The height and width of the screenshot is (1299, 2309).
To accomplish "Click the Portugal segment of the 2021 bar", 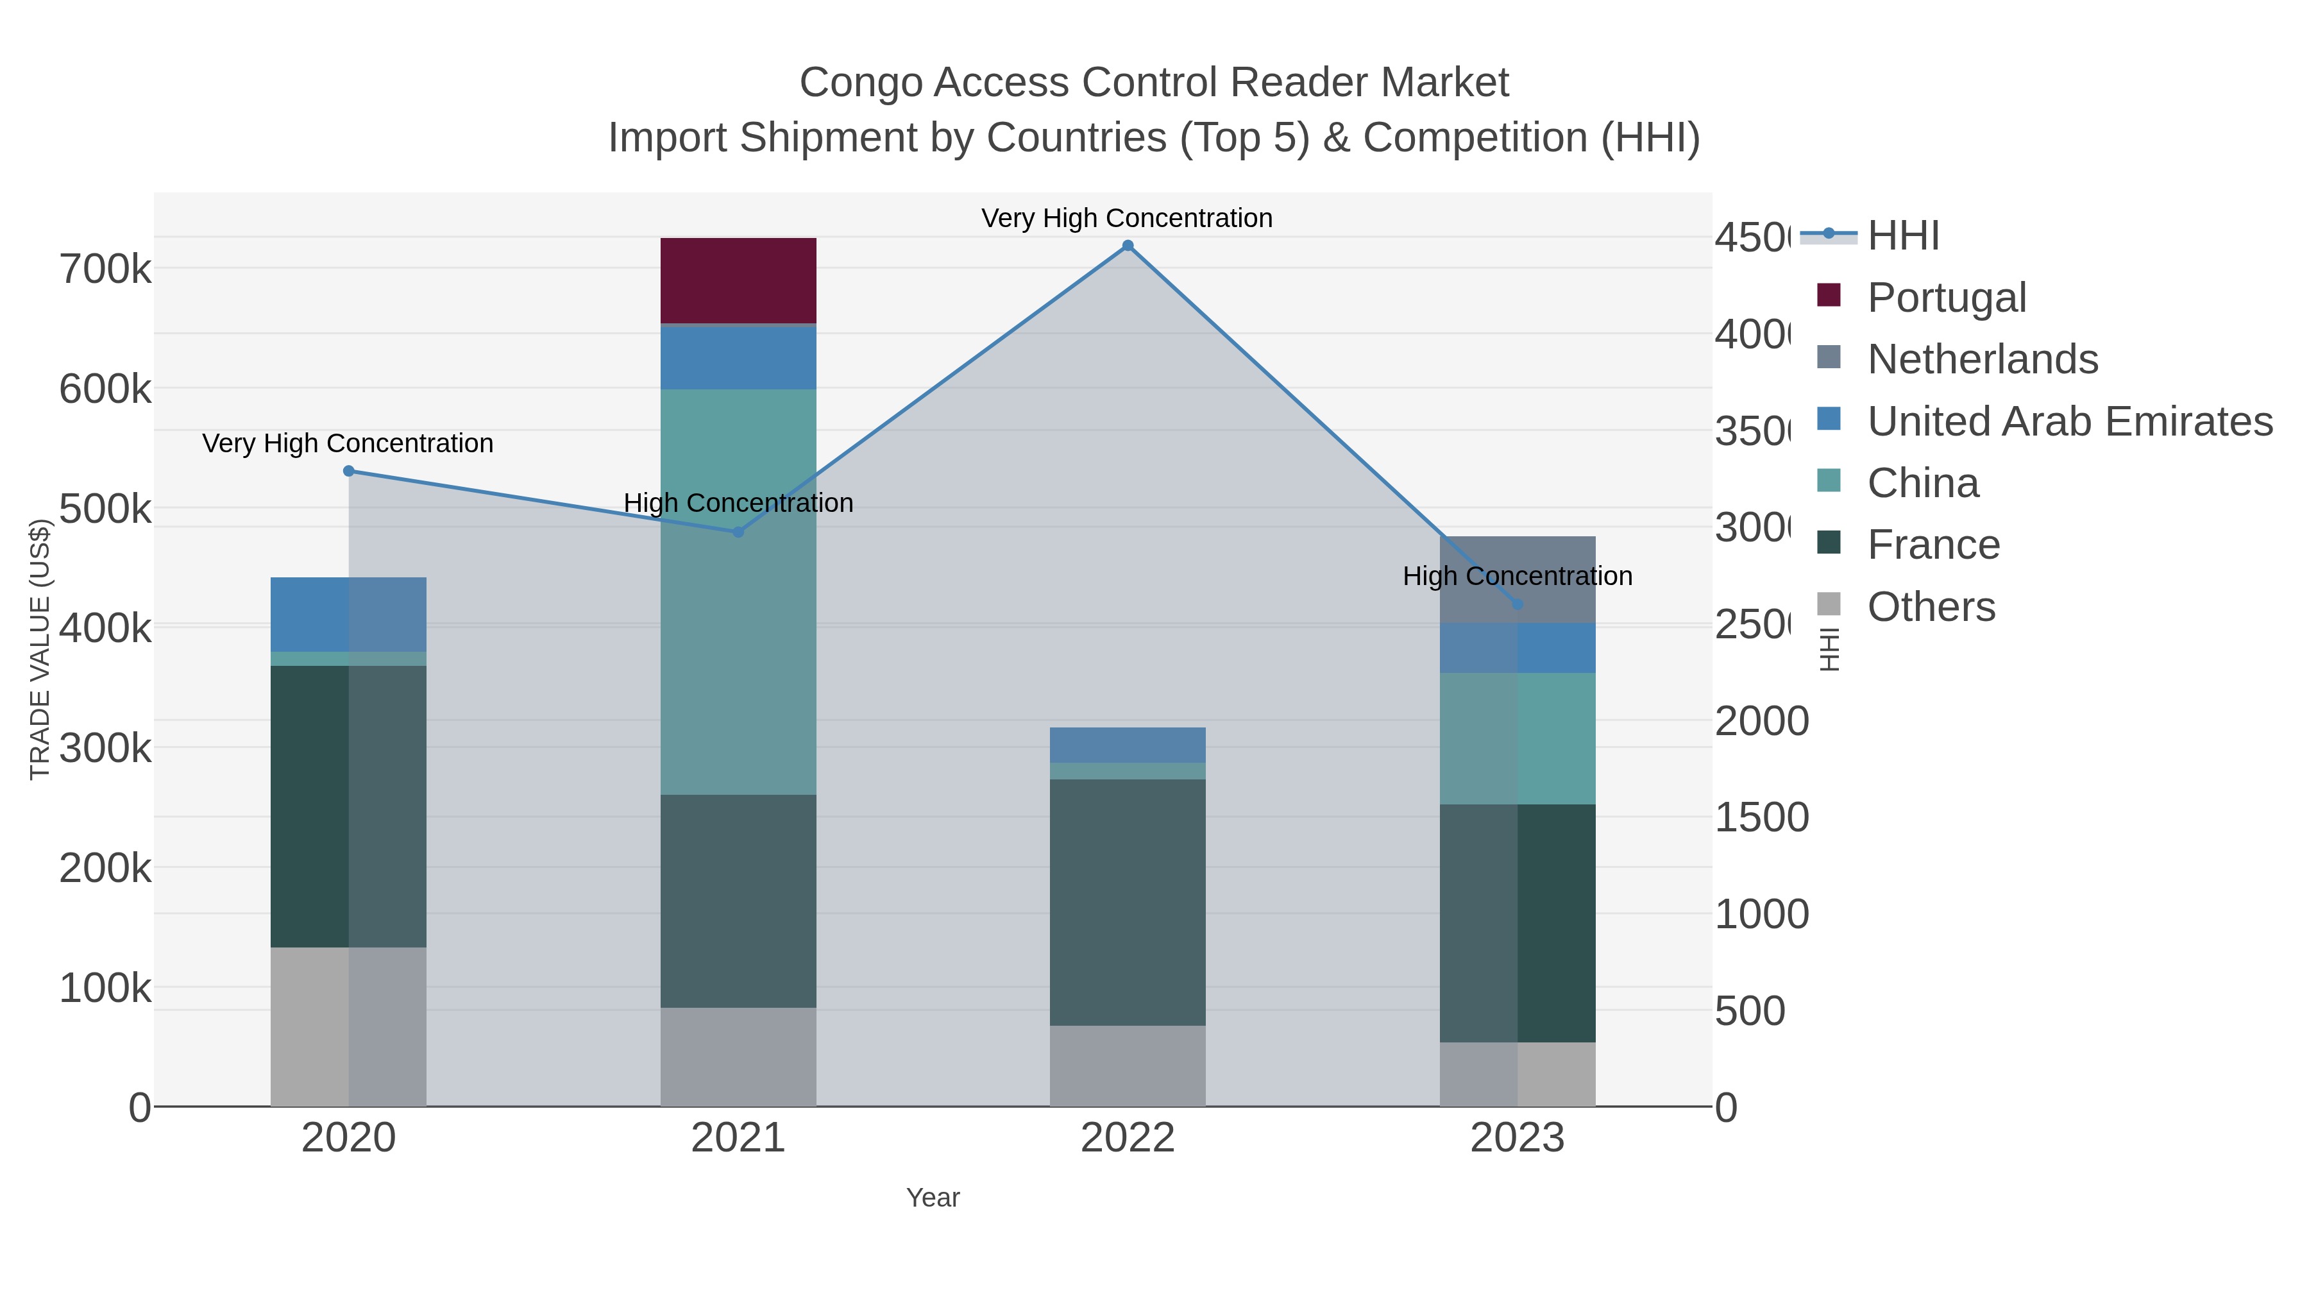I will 738,280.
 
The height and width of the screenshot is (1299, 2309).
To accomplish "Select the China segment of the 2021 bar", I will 738,591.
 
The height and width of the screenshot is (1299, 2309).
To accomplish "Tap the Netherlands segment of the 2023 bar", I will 1517,579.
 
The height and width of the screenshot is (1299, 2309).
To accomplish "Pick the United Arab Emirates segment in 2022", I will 1127,744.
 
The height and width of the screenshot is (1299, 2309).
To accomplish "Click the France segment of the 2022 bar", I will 1127,902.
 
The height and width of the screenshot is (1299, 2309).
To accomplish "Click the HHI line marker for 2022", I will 1128,246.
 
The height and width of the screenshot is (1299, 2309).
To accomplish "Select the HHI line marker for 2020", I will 349,471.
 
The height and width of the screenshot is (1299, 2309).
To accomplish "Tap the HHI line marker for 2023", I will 1518,604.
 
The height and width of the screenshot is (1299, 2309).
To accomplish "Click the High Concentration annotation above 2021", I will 738,503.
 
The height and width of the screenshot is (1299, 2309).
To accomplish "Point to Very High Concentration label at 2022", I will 1127,218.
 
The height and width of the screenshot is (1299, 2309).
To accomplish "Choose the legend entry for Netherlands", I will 1982,359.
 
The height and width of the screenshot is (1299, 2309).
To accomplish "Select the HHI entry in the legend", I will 1903,236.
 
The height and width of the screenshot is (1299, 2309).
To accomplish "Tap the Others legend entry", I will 1931,607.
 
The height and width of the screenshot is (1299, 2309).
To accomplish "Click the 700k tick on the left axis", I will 105,269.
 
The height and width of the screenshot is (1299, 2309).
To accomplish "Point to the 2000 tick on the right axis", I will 1761,721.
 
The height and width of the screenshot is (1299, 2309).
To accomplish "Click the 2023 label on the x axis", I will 1517,1137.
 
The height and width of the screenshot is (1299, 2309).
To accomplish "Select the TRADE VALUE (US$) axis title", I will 39,649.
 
